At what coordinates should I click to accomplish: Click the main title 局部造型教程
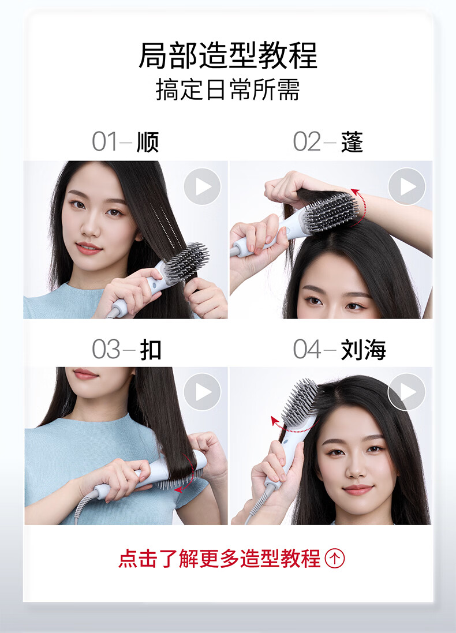point(228,55)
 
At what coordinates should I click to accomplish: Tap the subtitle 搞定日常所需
point(228,89)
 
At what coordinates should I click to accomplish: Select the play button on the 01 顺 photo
point(203,186)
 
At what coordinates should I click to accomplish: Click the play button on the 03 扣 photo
point(203,392)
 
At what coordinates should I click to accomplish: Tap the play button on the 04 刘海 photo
point(406,392)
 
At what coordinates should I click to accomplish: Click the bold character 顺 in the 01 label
point(148,142)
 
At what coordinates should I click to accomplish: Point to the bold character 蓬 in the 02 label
point(352,142)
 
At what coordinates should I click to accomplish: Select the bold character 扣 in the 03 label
point(151,349)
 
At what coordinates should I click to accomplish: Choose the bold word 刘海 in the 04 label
point(364,349)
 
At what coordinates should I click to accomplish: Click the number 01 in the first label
point(104,142)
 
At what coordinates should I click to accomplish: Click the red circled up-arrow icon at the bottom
point(335,559)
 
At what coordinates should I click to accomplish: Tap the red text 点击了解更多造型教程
point(219,559)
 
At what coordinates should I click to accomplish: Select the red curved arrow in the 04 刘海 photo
point(293,427)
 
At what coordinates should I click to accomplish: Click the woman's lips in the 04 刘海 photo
point(358,489)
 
